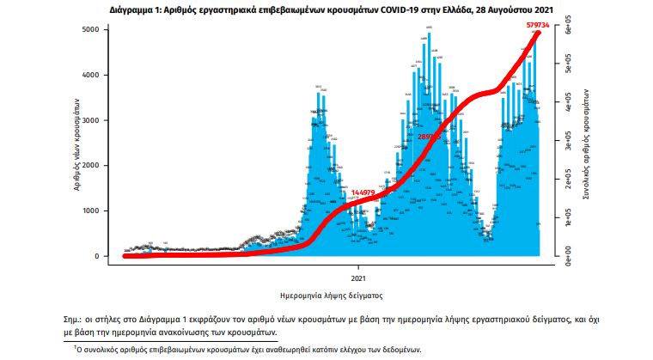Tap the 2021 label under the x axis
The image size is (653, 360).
(359, 279)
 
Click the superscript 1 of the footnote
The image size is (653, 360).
(75, 347)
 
